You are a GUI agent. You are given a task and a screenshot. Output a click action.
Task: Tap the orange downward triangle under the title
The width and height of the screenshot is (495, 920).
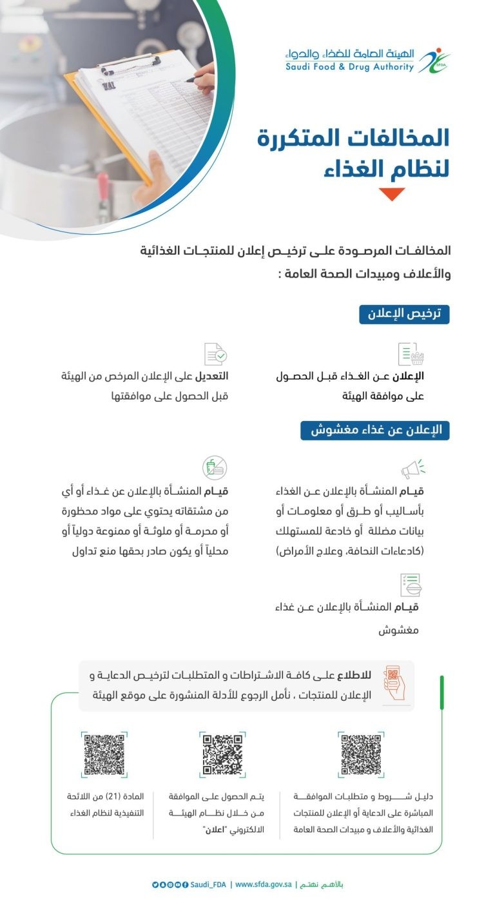click(x=391, y=194)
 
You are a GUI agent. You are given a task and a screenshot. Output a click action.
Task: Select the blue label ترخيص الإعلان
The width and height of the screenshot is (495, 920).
click(x=403, y=314)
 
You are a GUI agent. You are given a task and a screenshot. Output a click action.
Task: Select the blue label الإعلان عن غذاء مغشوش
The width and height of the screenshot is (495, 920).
click(x=374, y=431)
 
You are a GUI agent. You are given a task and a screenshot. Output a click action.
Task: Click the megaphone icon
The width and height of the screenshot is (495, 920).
click(x=412, y=469)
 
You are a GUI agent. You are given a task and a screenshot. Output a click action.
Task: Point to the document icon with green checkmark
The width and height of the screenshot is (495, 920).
click(x=215, y=354)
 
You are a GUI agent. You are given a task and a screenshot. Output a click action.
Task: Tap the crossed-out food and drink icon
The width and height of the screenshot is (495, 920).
click(x=215, y=467)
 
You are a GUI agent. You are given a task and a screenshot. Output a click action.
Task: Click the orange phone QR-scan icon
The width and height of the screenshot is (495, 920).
click(x=394, y=683)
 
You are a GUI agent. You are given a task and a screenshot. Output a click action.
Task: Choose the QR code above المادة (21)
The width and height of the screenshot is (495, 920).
click(x=104, y=754)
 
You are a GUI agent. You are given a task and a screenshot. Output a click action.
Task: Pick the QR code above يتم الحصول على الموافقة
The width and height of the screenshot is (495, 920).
click(x=222, y=754)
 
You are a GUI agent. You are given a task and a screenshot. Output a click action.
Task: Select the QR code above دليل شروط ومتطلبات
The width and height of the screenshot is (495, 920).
click(x=361, y=754)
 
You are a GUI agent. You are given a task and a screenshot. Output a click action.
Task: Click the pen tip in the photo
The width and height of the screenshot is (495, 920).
click(x=188, y=81)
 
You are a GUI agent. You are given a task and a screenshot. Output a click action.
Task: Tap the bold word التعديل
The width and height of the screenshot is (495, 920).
click(x=210, y=377)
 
